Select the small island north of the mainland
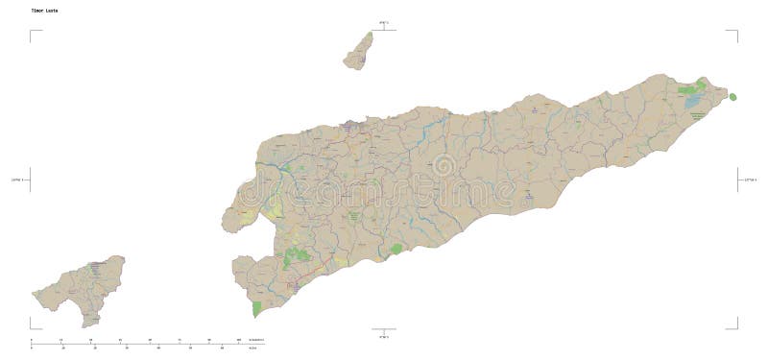click(x=360, y=52)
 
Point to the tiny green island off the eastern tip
click(x=733, y=97)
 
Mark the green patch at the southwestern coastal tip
click(x=256, y=309)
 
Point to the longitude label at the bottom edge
click(x=383, y=337)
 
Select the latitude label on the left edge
click(x=18, y=180)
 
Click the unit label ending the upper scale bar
click(x=255, y=340)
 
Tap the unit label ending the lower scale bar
click(x=253, y=348)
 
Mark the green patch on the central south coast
click(x=396, y=250)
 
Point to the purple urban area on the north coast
click(x=353, y=123)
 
